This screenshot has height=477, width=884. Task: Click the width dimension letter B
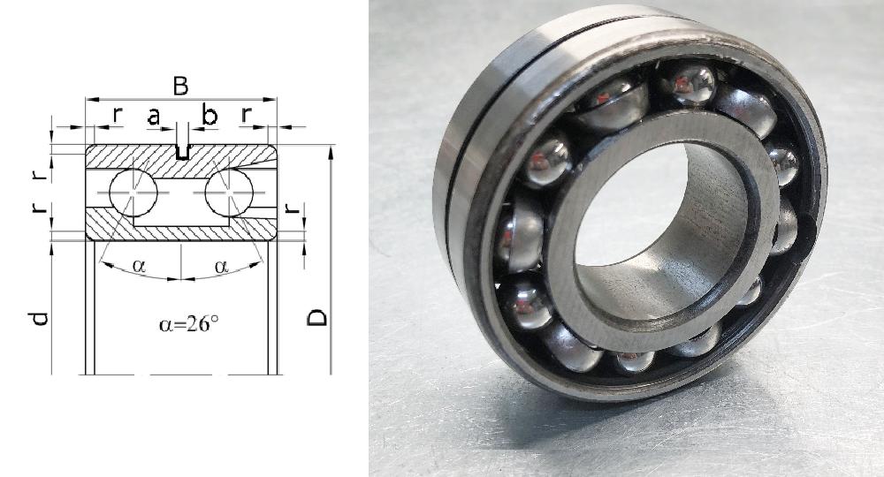180,86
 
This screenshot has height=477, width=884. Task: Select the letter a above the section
153,115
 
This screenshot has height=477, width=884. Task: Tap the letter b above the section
210,115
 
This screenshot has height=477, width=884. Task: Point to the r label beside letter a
118,115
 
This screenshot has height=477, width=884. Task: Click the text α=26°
189,323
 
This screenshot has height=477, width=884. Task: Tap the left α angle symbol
138,265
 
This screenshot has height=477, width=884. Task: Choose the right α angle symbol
221,265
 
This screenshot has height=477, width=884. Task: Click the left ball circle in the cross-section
133,191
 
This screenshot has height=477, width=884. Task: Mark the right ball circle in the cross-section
228,191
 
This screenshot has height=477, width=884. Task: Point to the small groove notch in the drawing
181,153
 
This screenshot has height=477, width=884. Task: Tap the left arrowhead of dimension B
89,100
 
